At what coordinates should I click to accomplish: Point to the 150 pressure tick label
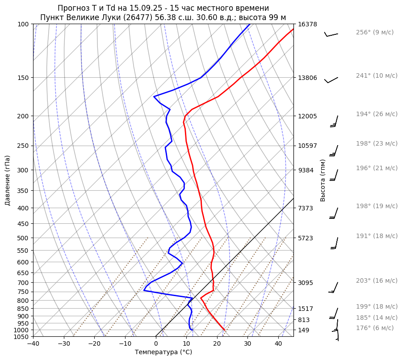pos(24,78)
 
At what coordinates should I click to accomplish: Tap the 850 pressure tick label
pos(24,309)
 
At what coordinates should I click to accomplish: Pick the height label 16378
pos(307,24)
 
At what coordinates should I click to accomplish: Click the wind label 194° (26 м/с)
pos(377,114)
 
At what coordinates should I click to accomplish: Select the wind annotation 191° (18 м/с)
pos(377,236)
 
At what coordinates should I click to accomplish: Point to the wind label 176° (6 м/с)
pos(375,328)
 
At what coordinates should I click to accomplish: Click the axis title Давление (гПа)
pos(8,180)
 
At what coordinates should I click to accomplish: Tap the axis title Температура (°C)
pos(163,352)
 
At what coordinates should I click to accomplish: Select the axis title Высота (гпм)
pos(323,180)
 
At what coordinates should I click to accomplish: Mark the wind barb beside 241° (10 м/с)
pos(331,80)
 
